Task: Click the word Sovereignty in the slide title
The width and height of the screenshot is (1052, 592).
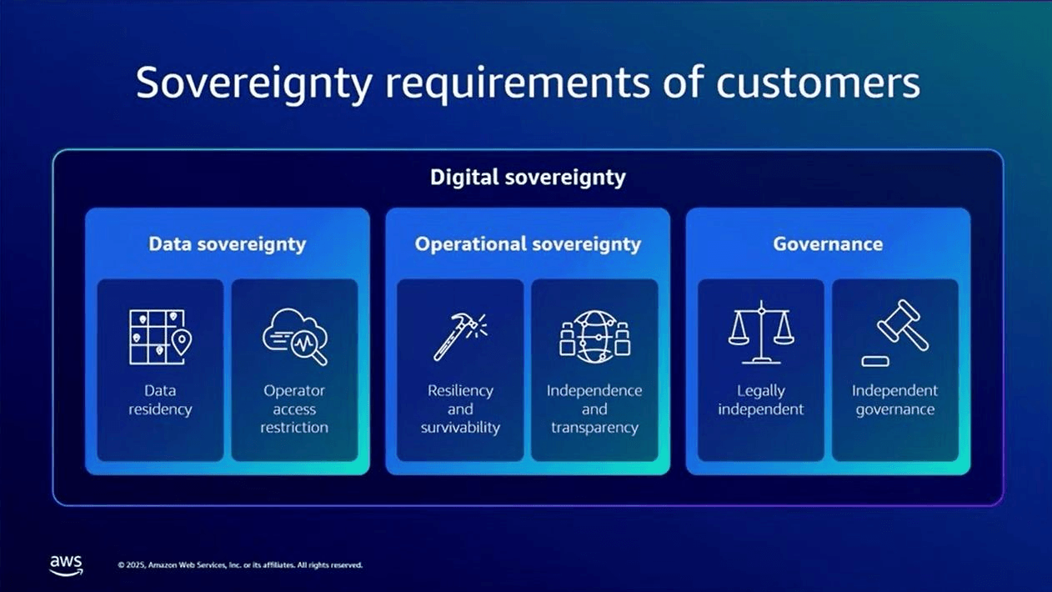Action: tap(254, 83)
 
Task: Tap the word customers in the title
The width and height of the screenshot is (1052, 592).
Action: tap(818, 83)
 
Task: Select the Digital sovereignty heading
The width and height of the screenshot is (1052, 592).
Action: tap(528, 178)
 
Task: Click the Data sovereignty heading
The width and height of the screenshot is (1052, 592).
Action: tap(228, 244)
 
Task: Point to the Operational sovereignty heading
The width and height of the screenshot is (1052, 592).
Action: tap(528, 244)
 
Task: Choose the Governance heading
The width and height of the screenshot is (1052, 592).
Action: tap(828, 243)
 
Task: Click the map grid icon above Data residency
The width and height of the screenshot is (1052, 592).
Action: tap(160, 337)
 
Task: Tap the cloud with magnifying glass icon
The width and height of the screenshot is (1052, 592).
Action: tap(295, 336)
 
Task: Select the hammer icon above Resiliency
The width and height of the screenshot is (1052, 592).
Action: tap(460, 337)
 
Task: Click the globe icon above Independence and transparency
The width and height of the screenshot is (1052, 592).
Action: tap(594, 336)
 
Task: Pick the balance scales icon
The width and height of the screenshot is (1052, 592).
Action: tap(761, 332)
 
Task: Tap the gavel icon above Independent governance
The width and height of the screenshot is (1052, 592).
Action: tap(895, 334)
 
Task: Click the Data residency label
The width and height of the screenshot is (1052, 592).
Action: tap(160, 400)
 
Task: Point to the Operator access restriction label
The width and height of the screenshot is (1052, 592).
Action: tap(294, 409)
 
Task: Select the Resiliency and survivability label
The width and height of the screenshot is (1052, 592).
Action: tap(460, 409)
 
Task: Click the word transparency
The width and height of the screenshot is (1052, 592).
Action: tap(594, 428)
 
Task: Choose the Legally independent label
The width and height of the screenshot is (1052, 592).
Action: tap(761, 400)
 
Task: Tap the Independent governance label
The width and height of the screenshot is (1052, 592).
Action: tap(895, 400)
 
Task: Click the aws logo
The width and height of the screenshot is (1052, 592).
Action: tap(66, 564)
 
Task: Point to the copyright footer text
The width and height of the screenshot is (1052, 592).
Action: tap(240, 564)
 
